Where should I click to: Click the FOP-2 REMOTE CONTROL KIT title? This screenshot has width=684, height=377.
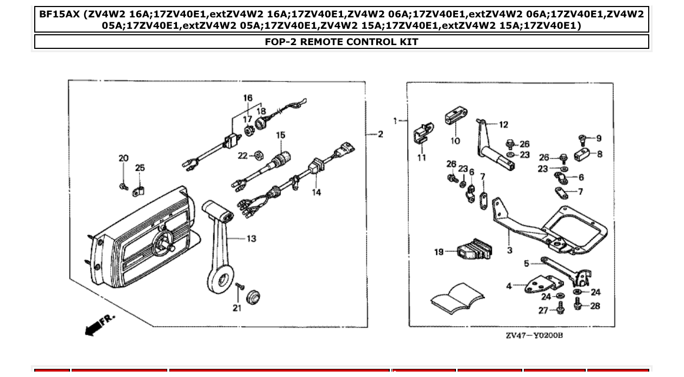point(341,42)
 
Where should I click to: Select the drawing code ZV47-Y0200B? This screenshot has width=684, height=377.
point(534,335)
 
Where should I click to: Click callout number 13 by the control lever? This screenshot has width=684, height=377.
point(251,238)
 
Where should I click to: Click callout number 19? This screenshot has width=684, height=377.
point(439,252)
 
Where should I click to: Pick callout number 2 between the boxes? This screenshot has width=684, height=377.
point(380,134)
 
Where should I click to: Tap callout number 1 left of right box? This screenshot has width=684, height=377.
point(396,120)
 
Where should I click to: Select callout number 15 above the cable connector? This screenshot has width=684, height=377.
point(280,135)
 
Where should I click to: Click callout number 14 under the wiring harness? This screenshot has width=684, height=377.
point(316,192)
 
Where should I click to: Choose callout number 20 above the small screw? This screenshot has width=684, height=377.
point(124,159)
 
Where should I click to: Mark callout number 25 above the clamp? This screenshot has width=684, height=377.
point(140,168)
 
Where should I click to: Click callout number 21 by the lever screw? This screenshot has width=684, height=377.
point(237,309)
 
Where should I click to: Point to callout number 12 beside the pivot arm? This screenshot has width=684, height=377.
point(504,125)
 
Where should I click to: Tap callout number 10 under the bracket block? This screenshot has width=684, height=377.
point(455,141)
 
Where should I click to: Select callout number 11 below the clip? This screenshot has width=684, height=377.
point(422,158)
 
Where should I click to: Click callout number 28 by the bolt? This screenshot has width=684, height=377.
point(595,306)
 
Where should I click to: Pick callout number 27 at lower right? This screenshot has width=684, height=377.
point(543,310)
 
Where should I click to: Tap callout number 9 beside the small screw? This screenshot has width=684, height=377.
point(598,138)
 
